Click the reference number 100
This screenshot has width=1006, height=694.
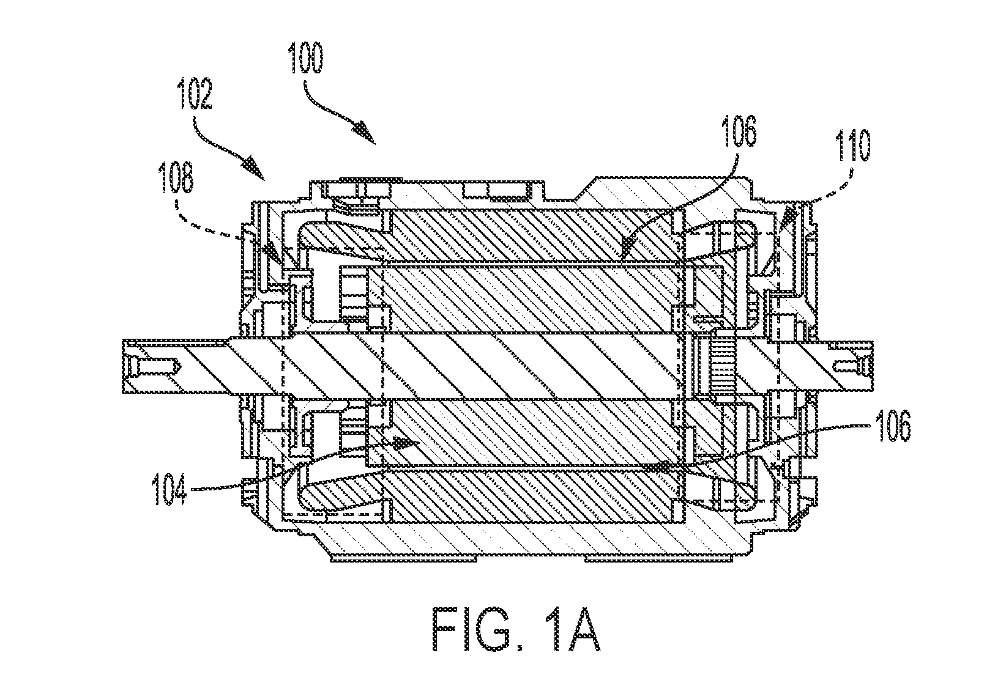(305, 58)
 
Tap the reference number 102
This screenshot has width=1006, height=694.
(195, 94)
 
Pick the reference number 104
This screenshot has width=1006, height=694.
(170, 490)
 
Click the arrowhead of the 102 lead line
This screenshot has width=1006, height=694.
(255, 170)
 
